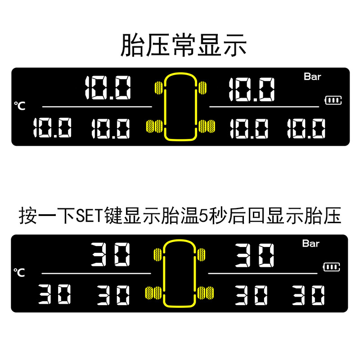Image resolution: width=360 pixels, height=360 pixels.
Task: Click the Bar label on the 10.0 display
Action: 312,76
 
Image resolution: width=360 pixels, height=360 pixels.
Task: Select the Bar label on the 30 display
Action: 310,243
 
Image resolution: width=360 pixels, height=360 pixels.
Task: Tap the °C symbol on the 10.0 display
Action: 19,106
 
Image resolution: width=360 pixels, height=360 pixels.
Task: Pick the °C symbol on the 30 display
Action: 19,272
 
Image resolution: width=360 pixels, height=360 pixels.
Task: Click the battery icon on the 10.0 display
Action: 333,100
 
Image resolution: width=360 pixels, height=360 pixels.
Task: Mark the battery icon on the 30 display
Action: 332,267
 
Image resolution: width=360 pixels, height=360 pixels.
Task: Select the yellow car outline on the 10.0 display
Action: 180,107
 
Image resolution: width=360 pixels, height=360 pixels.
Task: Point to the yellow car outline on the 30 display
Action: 180,274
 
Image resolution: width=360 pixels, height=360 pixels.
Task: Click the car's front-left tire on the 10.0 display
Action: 158,86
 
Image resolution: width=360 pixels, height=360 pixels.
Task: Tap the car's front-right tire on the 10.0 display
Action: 202,86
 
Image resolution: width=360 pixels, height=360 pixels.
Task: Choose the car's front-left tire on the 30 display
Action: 157,254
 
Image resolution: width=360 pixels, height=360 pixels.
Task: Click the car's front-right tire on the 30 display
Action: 202,254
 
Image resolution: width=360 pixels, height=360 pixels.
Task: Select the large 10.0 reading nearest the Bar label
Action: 251,89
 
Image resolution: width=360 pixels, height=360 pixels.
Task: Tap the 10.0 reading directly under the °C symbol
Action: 52,129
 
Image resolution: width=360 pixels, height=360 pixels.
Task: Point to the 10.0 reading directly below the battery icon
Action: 306,129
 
